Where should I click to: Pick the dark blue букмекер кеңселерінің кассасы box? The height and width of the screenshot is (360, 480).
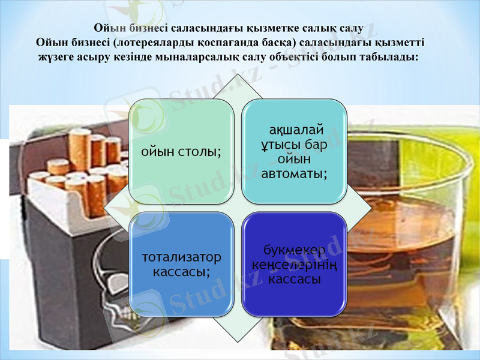293,264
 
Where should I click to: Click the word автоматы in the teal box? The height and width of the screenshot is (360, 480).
294,174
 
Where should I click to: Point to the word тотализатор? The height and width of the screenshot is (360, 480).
181,257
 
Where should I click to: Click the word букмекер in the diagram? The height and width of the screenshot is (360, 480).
294,250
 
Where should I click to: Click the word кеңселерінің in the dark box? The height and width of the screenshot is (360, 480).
294,265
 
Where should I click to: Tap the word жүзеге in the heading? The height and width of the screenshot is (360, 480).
58,58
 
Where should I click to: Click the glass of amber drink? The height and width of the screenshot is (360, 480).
396,240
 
